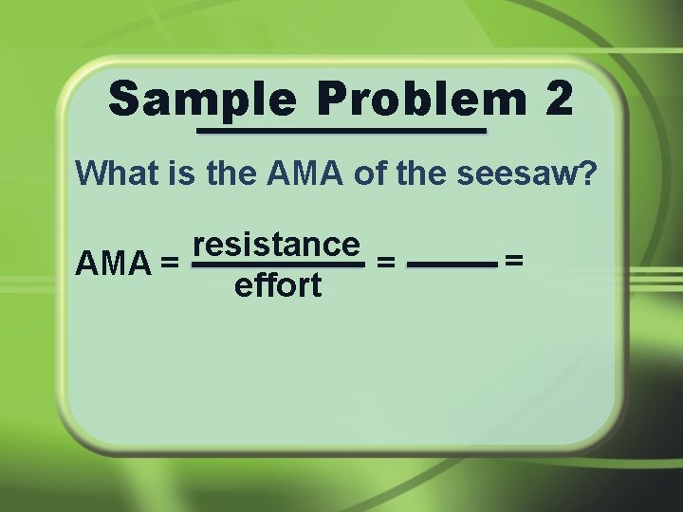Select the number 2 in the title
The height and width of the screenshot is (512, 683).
click(x=559, y=99)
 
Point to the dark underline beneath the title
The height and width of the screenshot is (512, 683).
click(x=341, y=131)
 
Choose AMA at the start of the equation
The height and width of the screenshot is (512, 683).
click(x=113, y=262)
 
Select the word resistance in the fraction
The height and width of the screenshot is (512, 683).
click(x=277, y=244)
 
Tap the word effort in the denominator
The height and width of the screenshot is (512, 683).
click(x=277, y=284)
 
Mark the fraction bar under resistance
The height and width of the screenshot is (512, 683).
click(x=277, y=265)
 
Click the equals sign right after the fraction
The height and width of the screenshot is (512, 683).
click(x=386, y=263)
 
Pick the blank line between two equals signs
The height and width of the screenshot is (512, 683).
click(x=452, y=265)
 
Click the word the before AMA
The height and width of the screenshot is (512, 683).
click(x=231, y=174)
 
